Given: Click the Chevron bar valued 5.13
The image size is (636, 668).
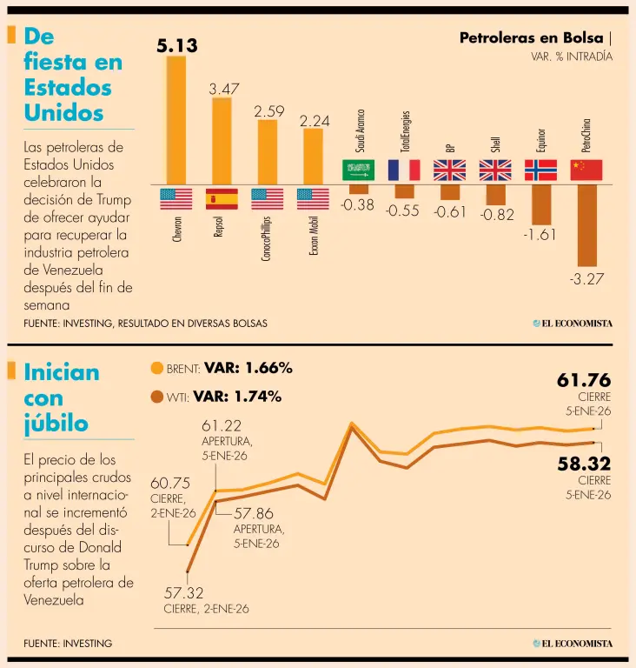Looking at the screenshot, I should pos(176,121).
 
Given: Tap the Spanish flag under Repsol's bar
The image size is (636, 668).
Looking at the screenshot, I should pos(222,199).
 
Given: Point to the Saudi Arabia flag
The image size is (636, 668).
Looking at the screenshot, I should pos(358,170).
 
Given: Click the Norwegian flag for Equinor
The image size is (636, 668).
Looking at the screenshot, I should pos(540,170).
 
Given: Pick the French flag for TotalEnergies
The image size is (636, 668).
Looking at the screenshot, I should pos(404,170).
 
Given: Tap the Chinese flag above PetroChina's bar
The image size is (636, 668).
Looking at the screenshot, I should pos(586,170).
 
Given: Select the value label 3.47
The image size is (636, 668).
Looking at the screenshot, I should pos(224,89).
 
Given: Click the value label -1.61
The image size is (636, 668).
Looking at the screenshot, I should pos(540,235).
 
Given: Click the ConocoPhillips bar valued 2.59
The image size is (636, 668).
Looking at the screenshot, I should pos(268,152).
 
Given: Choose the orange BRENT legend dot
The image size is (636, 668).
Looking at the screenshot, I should pos(157,368).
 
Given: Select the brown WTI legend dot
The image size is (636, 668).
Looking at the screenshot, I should pos(157,397).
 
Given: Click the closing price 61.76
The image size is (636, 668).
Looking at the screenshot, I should pos(583,380).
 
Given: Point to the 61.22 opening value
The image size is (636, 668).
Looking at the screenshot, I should pos(222,425).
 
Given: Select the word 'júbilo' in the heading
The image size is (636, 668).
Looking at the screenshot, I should pos(56,424).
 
